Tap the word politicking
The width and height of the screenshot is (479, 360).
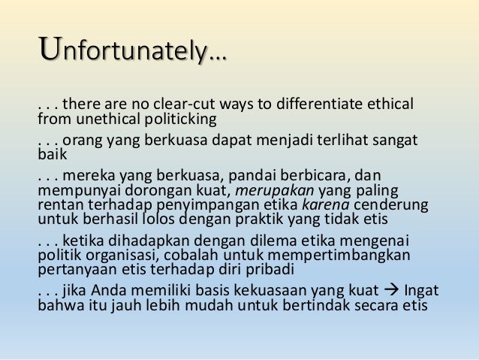(x=176, y=118)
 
